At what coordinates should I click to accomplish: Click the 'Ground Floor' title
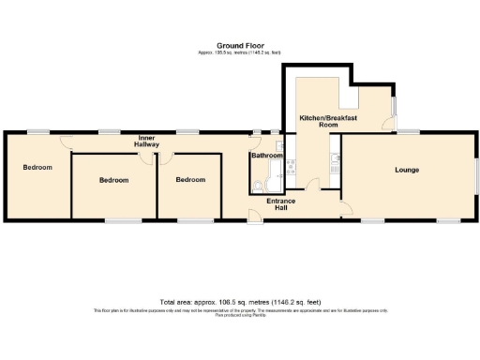(x=239, y=45)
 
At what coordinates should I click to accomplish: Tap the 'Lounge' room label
(x=407, y=170)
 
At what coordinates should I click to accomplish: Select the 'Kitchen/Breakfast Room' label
(x=319, y=121)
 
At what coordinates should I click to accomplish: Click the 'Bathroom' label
(x=266, y=156)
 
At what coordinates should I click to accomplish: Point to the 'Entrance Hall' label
(x=281, y=203)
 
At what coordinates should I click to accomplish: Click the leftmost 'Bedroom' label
(x=37, y=167)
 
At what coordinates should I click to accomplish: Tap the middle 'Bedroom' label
(x=113, y=179)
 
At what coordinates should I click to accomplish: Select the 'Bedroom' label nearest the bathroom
(x=190, y=179)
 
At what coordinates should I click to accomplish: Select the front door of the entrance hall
(x=253, y=217)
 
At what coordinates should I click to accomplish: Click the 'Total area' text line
(x=239, y=302)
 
